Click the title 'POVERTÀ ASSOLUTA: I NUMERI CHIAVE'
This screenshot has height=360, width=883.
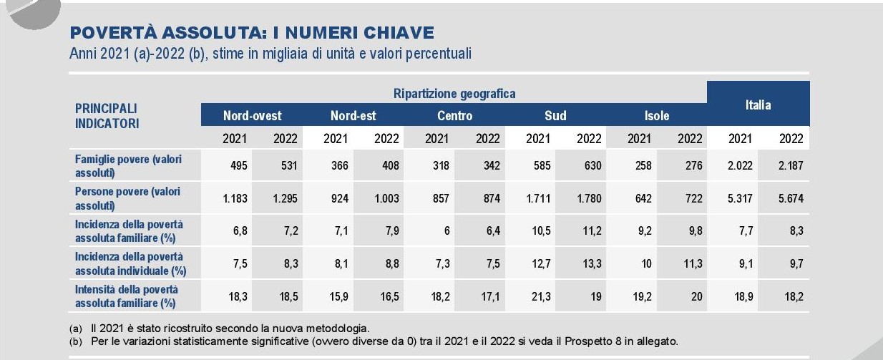[x=251, y=33]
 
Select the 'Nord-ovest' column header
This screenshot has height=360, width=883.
[x=252, y=115]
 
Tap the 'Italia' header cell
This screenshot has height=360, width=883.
[x=758, y=104]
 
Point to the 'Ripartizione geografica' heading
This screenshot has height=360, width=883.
[x=454, y=93]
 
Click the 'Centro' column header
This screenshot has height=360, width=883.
[x=454, y=115]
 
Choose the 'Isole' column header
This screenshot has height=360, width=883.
[x=657, y=115]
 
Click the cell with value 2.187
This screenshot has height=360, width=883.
[x=791, y=165]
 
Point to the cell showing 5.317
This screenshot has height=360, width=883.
[x=740, y=198]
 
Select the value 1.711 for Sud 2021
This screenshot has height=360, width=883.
[x=537, y=198]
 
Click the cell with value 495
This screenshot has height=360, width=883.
[x=239, y=165]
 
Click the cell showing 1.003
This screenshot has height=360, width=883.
[x=386, y=198]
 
